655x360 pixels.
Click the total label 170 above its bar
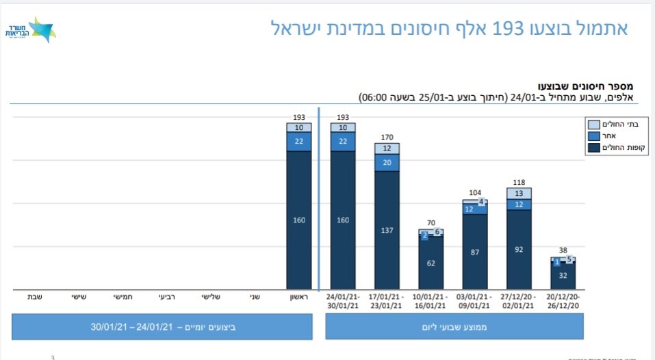tap(387, 137)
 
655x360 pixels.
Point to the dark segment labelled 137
tap(387, 230)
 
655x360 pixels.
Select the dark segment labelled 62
tap(431, 263)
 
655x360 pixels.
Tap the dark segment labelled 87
tap(475, 252)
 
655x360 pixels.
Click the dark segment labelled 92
tap(519, 250)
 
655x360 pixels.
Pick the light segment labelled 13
tap(519, 194)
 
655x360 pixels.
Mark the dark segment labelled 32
tap(563, 275)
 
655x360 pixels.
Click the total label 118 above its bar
tap(519, 182)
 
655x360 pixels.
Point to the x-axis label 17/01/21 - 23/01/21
tap(387, 301)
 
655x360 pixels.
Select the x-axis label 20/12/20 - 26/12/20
tap(563, 301)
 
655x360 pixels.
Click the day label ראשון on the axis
tap(298, 297)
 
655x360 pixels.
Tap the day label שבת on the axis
tap(35, 297)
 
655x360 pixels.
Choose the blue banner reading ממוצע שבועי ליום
tap(454, 326)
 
